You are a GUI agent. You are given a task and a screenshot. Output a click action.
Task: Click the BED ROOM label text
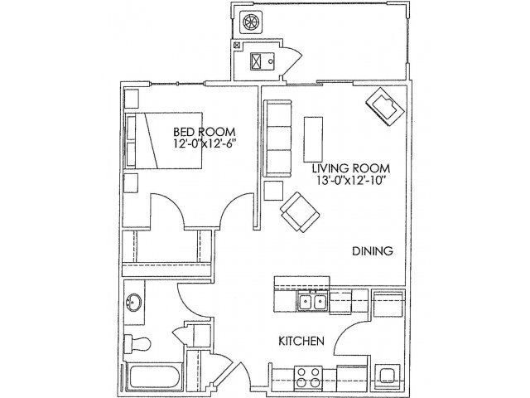pyautogui.click(x=205, y=131)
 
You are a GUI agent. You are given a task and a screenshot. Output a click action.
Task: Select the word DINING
pyautogui.click(x=371, y=251)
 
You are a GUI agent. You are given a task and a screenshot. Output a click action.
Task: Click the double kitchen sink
pyautogui.click(x=312, y=303)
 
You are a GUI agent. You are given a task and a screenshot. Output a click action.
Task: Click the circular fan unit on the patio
pyautogui.click(x=249, y=23)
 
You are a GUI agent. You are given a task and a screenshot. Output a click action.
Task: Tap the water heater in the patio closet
pyautogui.click(x=258, y=61)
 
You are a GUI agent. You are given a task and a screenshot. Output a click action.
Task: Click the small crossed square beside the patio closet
pyautogui.click(x=238, y=47)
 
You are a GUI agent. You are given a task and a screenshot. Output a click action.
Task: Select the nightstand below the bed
pyautogui.click(x=131, y=182)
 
